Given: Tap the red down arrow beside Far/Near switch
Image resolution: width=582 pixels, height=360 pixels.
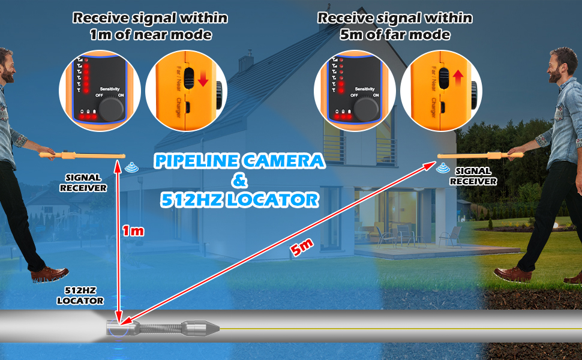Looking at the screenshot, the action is (x=203, y=79).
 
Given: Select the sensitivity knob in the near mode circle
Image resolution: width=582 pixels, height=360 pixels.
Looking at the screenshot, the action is (x=112, y=109).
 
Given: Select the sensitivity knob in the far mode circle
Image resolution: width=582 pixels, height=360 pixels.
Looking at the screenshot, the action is (x=367, y=109).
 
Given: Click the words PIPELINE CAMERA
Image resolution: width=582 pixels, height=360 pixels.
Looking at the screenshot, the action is (x=239, y=161).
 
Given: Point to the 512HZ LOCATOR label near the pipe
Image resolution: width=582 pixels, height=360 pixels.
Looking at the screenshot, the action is (x=80, y=295).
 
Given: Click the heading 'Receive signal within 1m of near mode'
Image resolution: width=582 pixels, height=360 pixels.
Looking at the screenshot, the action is (x=150, y=26).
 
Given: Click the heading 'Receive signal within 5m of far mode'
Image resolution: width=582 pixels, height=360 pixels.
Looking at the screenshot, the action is (x=394, y=26).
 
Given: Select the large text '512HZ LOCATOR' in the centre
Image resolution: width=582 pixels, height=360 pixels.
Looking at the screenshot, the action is (x=239, y=199).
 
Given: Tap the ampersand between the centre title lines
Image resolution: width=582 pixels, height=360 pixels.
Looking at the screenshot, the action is (x=238, y=180).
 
